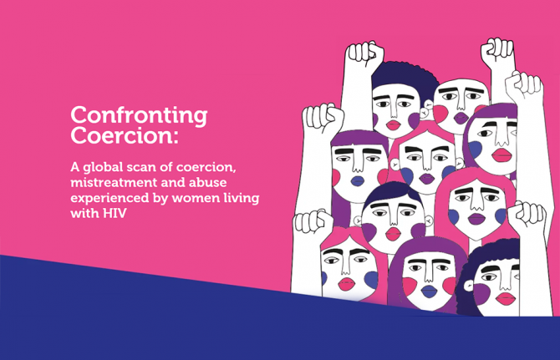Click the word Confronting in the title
(x=139, y=114)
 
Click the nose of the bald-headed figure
(x=461, y=104)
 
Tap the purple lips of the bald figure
(x=461, y=118)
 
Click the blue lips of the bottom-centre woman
(x=428, y=292)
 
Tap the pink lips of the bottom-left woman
(x=344, y=283)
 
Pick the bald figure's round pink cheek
(x=440, y=114)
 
